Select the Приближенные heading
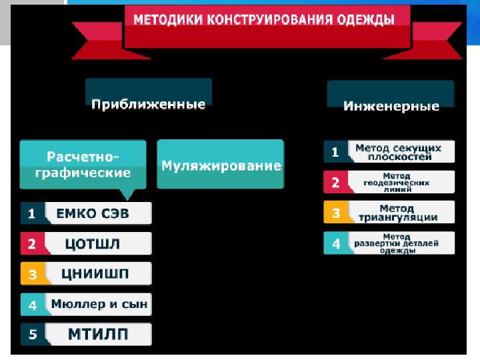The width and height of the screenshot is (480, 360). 148,104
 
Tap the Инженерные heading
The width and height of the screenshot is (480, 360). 391,105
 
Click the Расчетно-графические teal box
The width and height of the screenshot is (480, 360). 83,164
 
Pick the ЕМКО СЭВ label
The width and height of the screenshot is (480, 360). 97,213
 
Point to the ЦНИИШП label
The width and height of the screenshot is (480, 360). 97,274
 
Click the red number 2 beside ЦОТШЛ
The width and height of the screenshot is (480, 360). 31,244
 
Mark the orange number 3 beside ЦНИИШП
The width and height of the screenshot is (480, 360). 31,274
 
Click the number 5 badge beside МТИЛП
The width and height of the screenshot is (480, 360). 31,335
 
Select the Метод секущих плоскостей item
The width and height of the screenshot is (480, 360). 398,152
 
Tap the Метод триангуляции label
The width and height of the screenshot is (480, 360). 397,213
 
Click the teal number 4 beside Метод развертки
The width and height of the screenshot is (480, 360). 335,243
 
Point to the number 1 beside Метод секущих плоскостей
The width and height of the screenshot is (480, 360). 335,152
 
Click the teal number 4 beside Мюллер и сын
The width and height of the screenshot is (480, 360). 31,305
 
